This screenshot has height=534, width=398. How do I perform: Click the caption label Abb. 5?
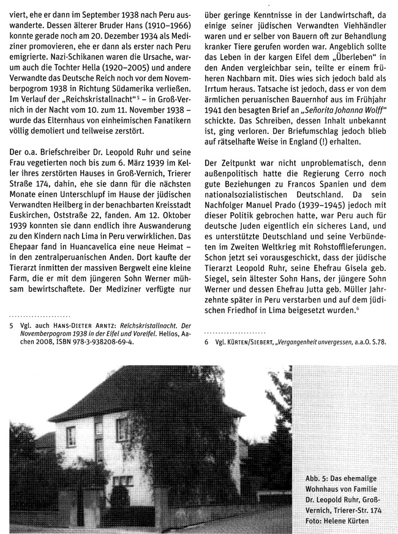click(319, 477)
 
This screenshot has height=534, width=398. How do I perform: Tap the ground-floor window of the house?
click(122, 480)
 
